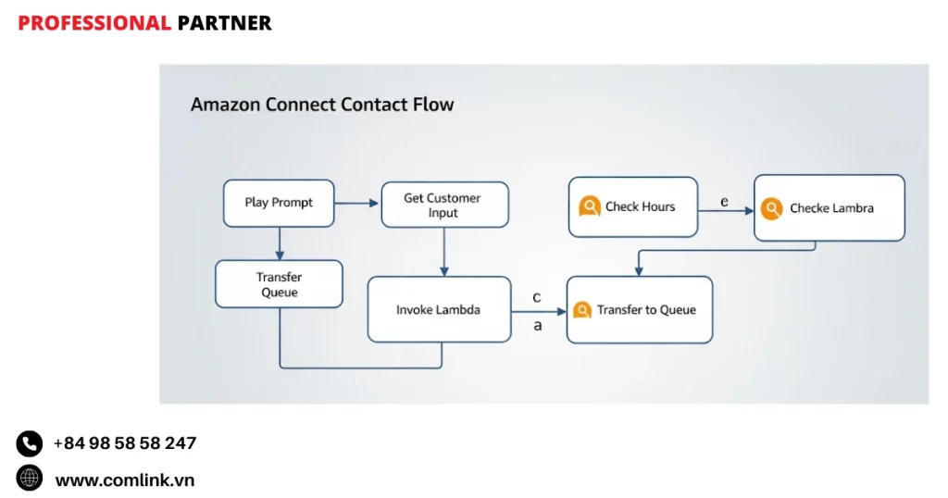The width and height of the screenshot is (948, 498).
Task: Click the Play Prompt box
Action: coord(279,203)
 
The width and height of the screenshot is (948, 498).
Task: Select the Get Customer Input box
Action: coord(444,205)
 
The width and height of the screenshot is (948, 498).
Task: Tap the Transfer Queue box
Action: coord(279,284)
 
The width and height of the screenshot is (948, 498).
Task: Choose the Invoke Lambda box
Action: coord(439,309)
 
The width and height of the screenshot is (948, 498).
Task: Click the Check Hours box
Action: coord(633,206)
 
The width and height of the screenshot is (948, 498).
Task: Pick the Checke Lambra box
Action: coord(829,208)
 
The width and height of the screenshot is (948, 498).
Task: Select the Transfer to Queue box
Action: coord(640,310)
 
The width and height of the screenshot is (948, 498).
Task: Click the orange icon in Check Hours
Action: coord(590,206)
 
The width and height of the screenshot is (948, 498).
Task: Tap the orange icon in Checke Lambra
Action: coord(771,208)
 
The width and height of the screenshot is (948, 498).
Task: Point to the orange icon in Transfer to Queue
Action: coord(582,310)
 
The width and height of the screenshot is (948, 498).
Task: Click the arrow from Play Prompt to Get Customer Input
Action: coord(357,203)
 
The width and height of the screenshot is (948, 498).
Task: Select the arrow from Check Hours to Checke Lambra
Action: coord(726,211)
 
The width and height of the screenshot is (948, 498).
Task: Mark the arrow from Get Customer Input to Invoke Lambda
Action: coord(444,251)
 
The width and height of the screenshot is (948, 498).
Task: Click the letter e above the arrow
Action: coord(724,201)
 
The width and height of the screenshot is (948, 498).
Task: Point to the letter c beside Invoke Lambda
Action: coord(537,297)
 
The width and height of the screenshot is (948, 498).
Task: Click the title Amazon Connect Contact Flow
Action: coord(322,104)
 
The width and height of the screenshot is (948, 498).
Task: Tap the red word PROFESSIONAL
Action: coord(94,23)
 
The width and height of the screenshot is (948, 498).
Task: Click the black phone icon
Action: coord(30,443)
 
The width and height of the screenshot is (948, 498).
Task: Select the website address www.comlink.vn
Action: coord(125,479)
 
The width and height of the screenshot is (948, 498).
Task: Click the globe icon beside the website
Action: coord(30,479)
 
